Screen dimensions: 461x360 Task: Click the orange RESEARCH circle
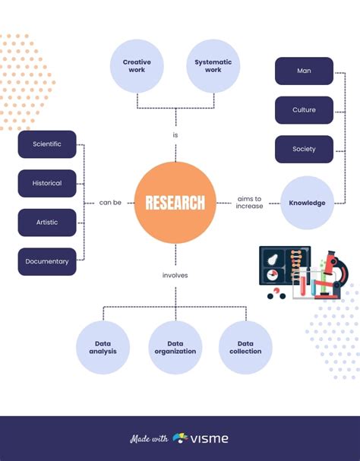coord(175,202)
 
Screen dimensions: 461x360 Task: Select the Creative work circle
coord(137,65)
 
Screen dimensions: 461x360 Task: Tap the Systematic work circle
coord(213,65)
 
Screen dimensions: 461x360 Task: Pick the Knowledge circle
coord(307,203)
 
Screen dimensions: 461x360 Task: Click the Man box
coord(304,71)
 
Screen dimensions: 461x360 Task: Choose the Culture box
coord(304,110)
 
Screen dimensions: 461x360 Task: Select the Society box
coord(304,149)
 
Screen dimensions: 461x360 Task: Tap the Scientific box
coord(47,144)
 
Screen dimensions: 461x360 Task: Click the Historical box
coord(47,183)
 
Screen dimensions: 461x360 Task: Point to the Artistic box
coord(47,223)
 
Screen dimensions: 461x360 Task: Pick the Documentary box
coord(47,261)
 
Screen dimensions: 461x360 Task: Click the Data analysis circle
coord(103,347)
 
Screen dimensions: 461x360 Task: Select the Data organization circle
coord(175,347)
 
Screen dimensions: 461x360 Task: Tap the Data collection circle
coord(245,347)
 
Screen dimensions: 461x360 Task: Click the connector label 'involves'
coord(175,275)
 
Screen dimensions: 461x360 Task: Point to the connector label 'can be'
coord(110,203)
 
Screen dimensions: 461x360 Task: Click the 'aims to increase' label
coord(249,202)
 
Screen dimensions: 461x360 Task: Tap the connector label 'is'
coord(175,135)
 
